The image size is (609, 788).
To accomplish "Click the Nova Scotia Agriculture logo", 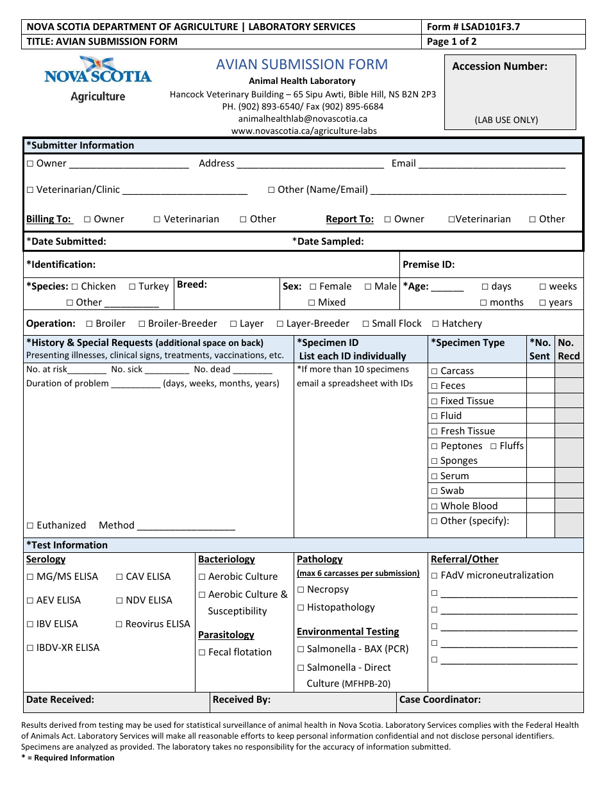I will pyautogui.click(x=97, y=79).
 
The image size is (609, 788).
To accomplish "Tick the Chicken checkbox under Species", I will pyautogui.click(x=75, y=287).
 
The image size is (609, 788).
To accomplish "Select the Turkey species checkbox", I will pyautogui.click(x=132, y=287).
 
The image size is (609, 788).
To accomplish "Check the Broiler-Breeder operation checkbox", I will pyautogui.click(x=142, y=324).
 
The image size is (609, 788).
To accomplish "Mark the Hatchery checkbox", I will pyautogui.click(x=436, y=324).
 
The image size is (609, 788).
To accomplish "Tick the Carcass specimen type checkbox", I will pyautogui.click(x=435, y=372).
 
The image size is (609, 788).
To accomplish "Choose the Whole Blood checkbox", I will pyautogui.click(x=435, y=506).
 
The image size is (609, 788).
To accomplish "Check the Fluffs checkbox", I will pyautogui.click(x=494, y=447).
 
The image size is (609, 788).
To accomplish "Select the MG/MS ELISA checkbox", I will pyautogui.click(x=30, y=577).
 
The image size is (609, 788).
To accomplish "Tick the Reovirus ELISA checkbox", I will pyautogui.click(x=119, y=625).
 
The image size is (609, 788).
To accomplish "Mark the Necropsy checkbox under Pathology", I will pyautogui.click(x=301, y=590).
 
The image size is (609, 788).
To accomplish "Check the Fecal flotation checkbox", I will pyautogui.click(x=202, y=653).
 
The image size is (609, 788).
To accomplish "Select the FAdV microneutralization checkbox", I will pyautogui.click(x=435, y=576).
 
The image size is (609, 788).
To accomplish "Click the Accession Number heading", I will pyautogui.click(x=499, y=67).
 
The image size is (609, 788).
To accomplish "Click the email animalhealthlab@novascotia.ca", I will pyautogui.click(x=303, y=119).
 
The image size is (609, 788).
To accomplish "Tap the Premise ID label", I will pyautogui.click(x=428, y=265).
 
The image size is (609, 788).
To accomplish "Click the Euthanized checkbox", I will pyautogui.click(x=30, y=526).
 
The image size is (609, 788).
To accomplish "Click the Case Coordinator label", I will pyautogui.click(x=440, y=700).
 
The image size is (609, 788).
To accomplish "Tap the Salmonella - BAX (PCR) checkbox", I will pyautogui.click(x=301, y=650).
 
